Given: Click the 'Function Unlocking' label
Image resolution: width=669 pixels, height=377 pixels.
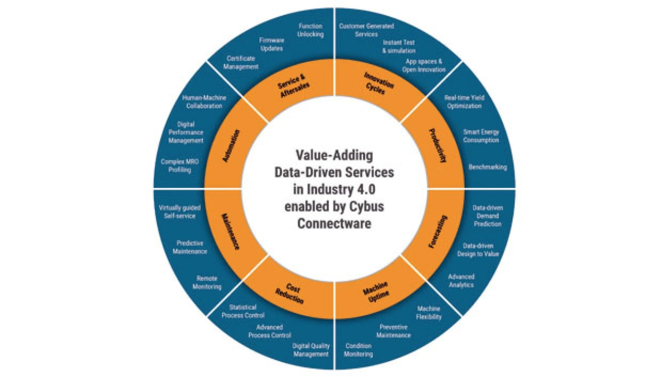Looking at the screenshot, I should pos(310,30).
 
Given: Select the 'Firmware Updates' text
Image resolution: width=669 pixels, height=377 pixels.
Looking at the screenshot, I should pos(271,44).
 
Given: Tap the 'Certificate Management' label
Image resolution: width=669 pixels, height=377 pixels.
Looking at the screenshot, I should pos(241,63).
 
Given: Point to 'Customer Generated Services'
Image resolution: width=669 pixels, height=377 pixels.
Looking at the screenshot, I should pos(366,30).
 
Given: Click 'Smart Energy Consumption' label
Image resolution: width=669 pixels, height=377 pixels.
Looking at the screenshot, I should pos(481,136).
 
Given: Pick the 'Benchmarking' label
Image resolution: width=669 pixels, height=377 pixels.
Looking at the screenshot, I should pos(488,167).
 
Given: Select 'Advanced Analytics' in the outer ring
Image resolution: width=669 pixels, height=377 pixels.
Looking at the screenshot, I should pos(461,281).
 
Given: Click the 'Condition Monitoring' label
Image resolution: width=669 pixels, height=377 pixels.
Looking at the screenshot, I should pos(359,350).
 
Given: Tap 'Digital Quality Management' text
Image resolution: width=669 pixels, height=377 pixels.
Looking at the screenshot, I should pos(310,350).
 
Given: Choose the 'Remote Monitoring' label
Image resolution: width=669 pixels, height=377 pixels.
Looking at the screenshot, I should pos(207,283).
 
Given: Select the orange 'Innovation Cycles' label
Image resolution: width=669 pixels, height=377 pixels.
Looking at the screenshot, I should pos(378,84).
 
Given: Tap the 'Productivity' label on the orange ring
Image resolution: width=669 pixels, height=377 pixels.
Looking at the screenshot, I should pos(437,146).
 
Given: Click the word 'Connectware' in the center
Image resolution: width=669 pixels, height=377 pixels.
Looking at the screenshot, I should pos(334,223).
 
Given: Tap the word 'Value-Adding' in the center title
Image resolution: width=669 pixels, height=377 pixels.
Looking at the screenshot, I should pos(334,155).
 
